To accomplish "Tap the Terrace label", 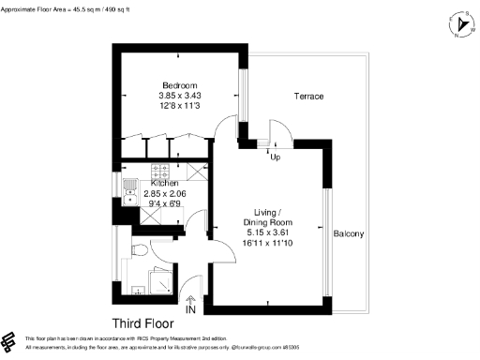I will click(x=307, y=97).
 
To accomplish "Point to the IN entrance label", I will click(x=190, y=309).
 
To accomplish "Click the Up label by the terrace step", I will click(x=275, y=157).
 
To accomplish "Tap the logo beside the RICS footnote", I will click(x=9, y=341).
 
